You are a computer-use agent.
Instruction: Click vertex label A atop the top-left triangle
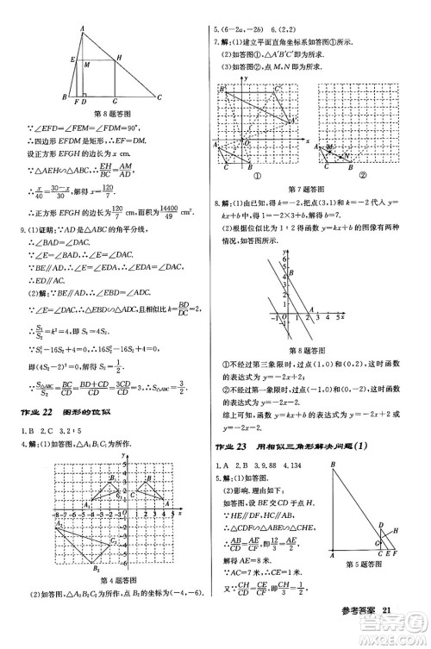81,28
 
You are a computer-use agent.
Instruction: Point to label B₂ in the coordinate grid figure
97,570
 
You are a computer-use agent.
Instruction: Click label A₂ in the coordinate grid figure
59,523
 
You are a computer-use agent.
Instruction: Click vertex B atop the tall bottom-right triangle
332,466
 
